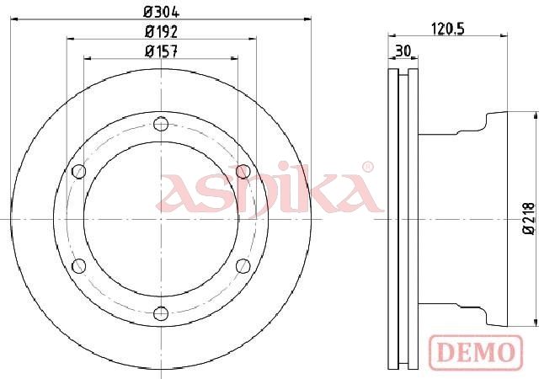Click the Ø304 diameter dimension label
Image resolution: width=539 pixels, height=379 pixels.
pyautogui.click(x=161, y=13)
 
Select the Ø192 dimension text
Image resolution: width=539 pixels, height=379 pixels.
pyautogui.click(x=161, y=32)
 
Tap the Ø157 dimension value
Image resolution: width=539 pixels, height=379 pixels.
pyautogui.click(x=161, y=51)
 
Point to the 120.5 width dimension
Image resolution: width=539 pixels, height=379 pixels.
pyautogui.click(x=447, y=29)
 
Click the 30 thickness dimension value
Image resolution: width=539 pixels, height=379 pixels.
pyautogui.click(x=403, y=51)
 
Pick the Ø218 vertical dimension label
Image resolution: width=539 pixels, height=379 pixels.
pyautogui.click(x=529, y=219)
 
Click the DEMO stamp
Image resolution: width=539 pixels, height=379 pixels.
pyautogui.click(x=476, y=352)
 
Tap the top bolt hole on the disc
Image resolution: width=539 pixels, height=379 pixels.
pyautogui.click(x=161, y=124)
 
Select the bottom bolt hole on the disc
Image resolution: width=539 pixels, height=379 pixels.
pyautogui.click(x=161, y=313)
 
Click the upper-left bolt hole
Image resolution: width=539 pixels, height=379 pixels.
pyautogui.click(x=79, y=171)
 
